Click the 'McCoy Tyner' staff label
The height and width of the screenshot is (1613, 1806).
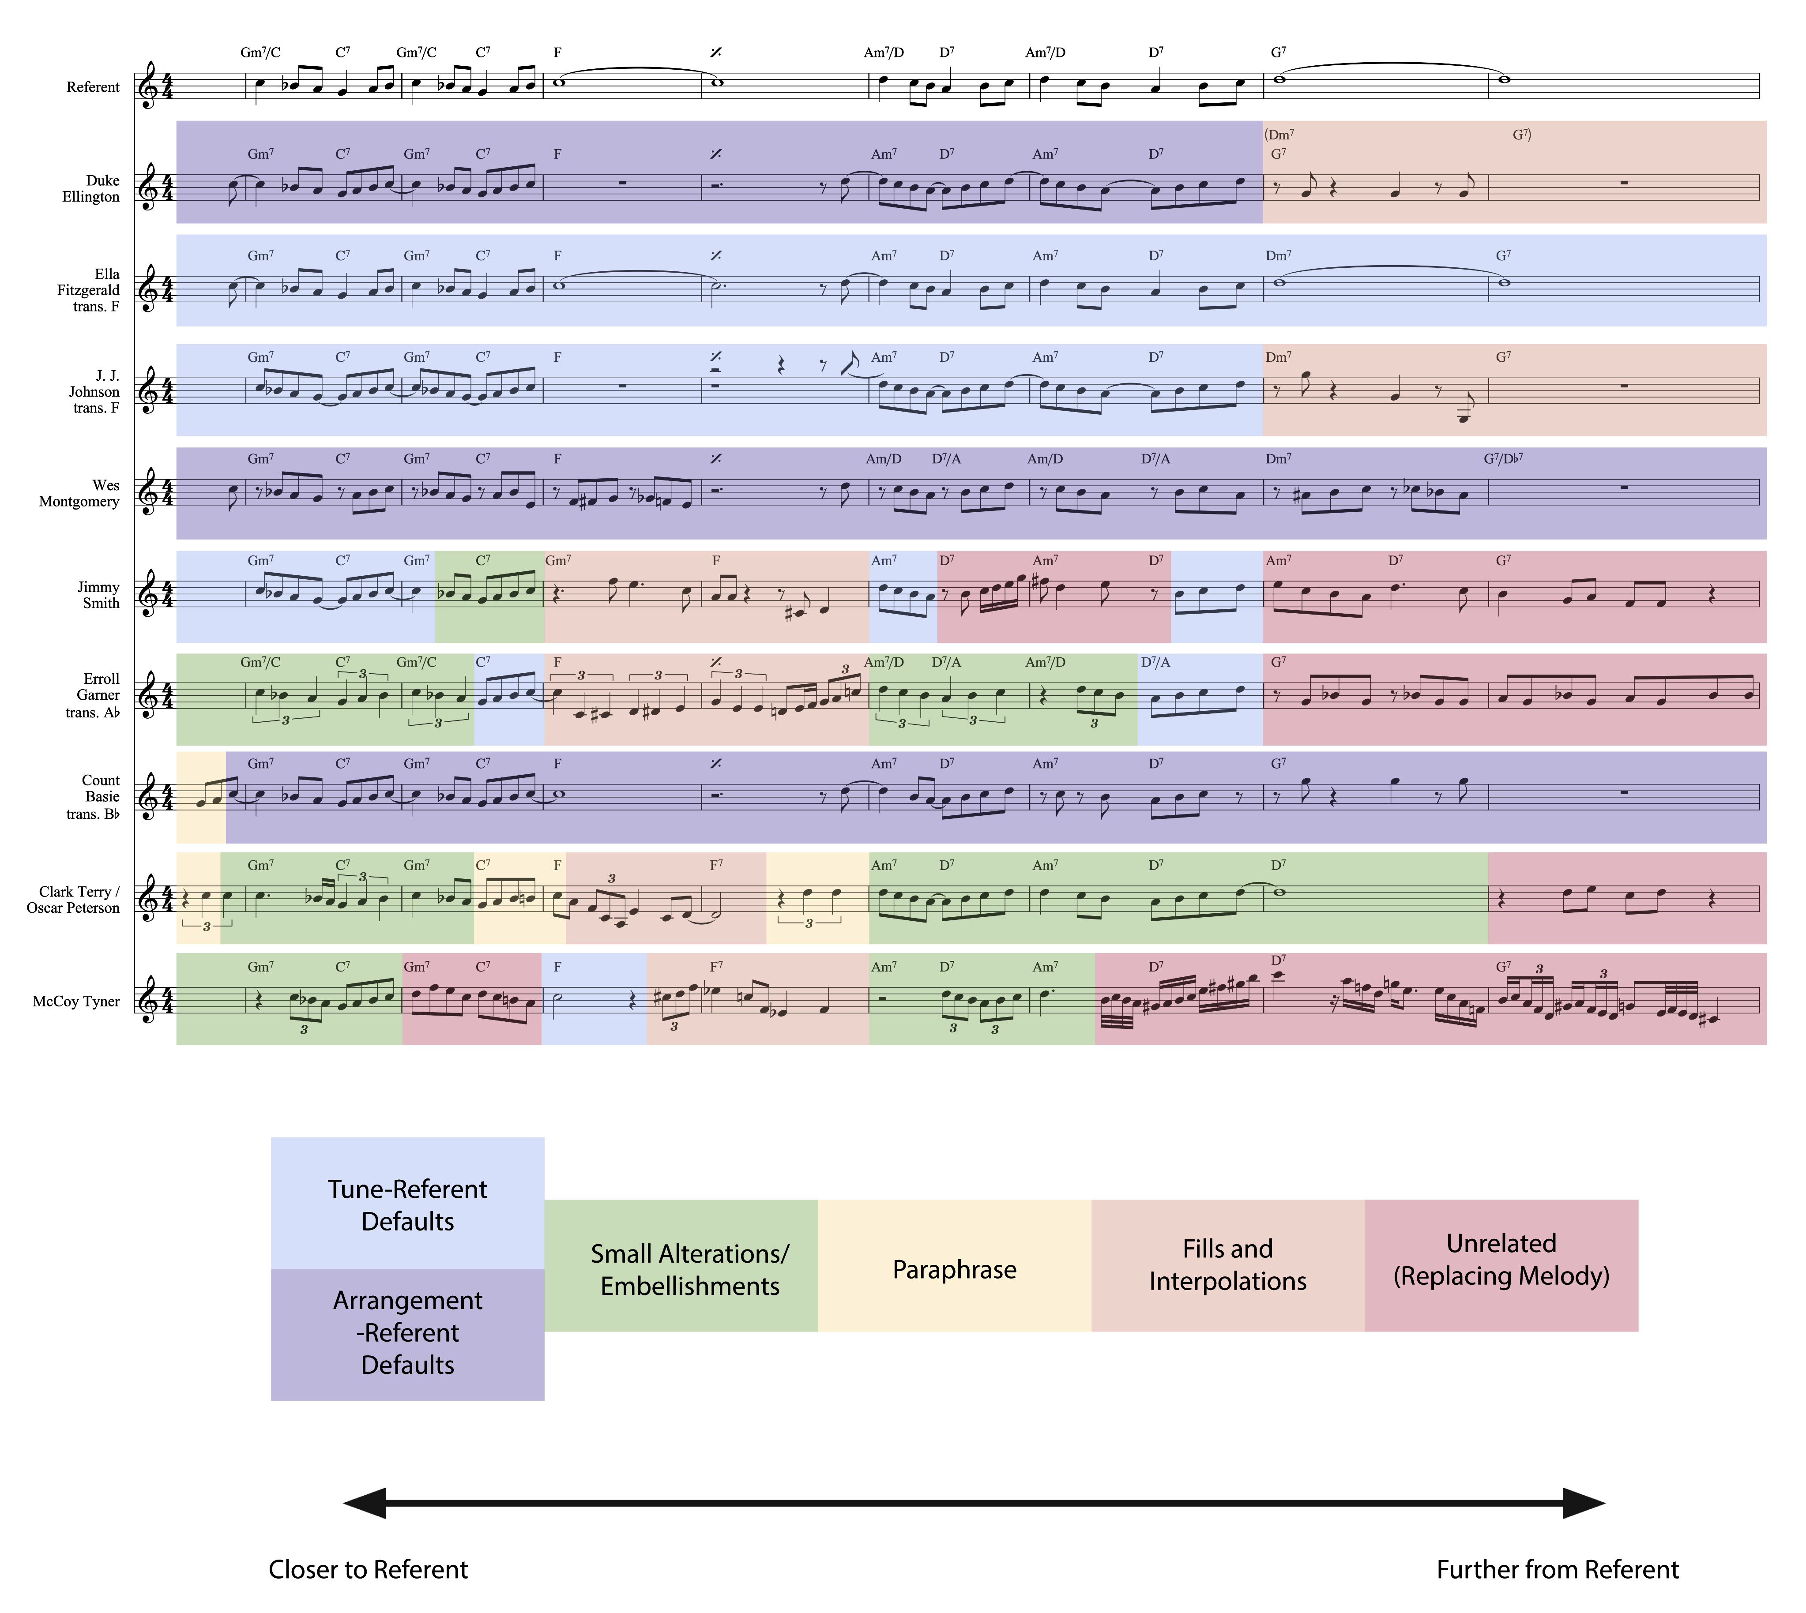click(76, 1002)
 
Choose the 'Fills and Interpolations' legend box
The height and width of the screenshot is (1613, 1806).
click(1228, 1266)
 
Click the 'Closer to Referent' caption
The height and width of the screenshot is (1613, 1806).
click(368, 1570)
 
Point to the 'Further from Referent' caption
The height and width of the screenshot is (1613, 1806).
click(1558, 1570)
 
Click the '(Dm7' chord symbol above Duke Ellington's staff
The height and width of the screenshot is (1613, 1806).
click(1279, 135)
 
